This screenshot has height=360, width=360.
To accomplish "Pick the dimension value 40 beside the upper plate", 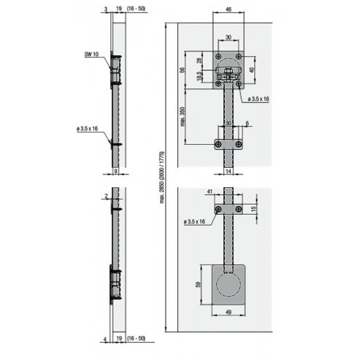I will point(253,70).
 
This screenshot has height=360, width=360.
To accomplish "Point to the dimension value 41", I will point(209,191).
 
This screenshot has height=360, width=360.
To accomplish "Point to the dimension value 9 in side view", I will point(115,173).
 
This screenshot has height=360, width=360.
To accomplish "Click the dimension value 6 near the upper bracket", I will point(246,123).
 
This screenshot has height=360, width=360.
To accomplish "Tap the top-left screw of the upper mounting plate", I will point(218,56).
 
